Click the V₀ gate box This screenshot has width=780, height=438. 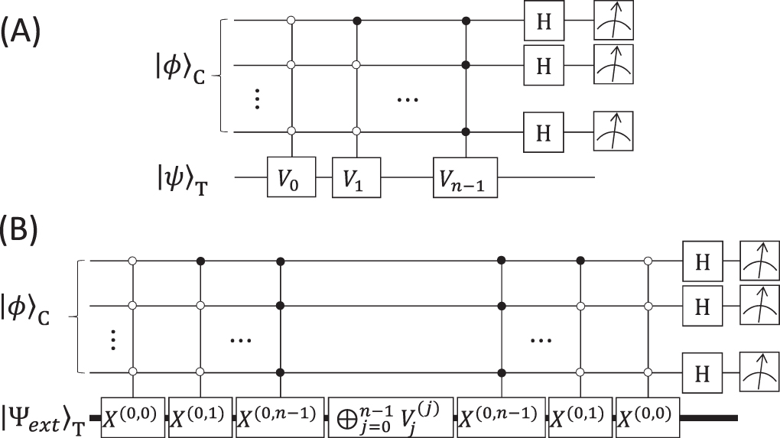click(x=291, y=177)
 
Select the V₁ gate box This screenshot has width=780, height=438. click(x=356, y=177)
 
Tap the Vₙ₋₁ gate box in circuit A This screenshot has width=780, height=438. click(x=465, y=177)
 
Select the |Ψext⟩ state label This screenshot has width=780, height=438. click(x=44, y=417)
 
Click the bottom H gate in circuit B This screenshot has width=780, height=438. click(x=702, y=372)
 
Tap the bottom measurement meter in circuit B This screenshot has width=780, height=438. click(x=759, y=372)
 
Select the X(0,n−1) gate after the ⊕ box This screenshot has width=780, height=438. click(x=502, y=417)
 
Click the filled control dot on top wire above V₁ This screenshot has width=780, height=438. click(x=356, y=18)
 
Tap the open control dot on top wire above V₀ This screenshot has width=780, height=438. click(x=291, y=18)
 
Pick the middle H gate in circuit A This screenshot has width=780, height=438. click(x=543, y=66)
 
